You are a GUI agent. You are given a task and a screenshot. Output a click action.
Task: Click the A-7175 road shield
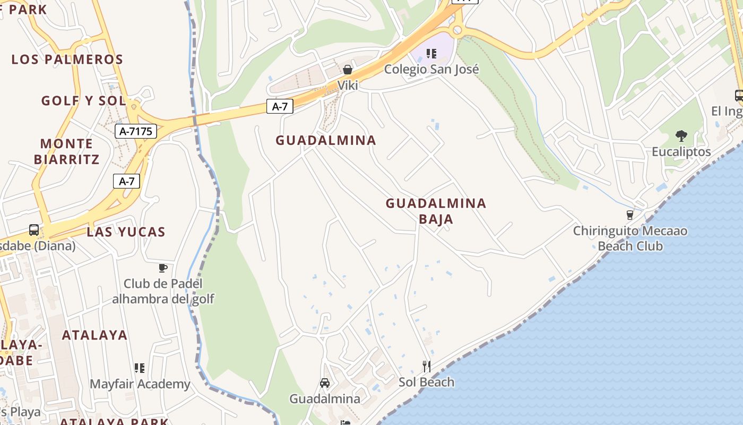tap(136, 131)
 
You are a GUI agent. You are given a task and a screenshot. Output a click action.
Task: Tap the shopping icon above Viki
tap(348, 70)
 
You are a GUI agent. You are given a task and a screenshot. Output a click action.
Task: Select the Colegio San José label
tap(431, 69)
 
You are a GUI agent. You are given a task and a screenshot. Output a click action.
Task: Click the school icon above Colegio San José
tap(431, 54)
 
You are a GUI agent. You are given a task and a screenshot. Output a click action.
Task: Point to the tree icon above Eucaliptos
tap(681, 136)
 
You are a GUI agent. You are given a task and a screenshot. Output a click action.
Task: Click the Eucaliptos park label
tap(681, 151)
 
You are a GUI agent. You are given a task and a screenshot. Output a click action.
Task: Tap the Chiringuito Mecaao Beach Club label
tap(630, 239)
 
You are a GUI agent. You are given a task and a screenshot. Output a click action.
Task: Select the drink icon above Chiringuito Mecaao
tap(630, 215)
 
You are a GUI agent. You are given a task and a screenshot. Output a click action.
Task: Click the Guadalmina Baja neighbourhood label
tap(436, 211)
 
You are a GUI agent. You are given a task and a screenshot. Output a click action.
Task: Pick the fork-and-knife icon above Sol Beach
tap(426, 366)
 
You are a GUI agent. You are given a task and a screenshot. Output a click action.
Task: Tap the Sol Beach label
tap(426, 382)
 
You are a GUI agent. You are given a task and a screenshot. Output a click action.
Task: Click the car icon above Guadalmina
tap(325, 383)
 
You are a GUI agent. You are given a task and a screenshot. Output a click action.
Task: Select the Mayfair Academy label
tap(140, 384)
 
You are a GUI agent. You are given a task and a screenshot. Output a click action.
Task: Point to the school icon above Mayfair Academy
tap(140, 368)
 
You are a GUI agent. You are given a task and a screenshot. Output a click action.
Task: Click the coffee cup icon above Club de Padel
tap(163, 268)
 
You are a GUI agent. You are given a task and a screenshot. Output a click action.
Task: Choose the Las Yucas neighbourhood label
tap(126, 232)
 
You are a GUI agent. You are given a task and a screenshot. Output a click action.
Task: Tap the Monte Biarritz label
tap(67, 151)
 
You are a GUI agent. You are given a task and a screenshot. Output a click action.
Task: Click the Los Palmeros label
tap(67, 59)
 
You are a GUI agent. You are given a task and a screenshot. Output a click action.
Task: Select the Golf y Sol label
tap(83, 100)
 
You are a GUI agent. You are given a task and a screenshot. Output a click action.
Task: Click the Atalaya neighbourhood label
tap(94, 335)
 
